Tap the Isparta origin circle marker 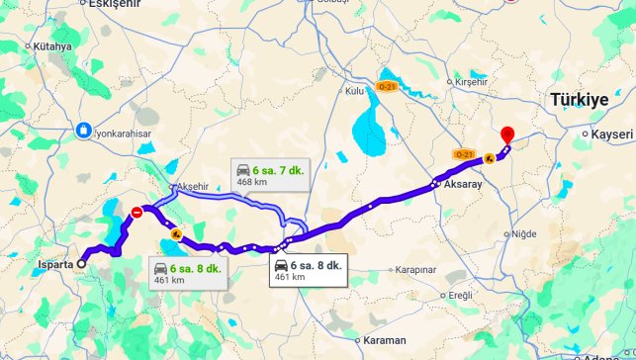(81, 264)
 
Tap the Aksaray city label (463, 184)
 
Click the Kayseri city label (611, 133)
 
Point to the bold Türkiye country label (579, 100)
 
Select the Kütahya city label (52, 46)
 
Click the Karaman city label (385, 339)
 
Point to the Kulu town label (354, 91)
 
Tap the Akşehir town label (193, 186)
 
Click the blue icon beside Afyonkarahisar (86, 131)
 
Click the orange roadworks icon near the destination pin (491, 156)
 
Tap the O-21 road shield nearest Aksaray (463, 155)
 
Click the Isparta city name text (55, 264)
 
